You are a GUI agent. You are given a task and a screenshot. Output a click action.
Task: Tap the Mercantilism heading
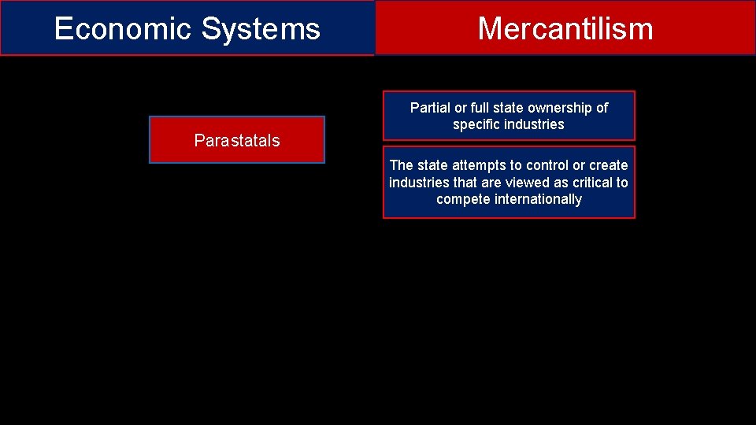[565, 29]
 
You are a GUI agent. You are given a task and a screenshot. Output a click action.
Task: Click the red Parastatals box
[237, 140]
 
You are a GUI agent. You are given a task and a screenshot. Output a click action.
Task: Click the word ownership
[560, 108]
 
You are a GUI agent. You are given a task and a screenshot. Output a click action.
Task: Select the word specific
[475, 124]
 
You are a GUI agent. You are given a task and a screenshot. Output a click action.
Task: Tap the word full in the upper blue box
[480, 108]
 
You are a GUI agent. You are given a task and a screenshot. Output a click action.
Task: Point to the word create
[609, 165]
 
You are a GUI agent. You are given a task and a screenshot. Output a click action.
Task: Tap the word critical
[591, 183]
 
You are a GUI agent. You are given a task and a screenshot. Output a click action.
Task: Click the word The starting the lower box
[401, 165]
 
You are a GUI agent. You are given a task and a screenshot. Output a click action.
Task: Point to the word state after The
[432, 165]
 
